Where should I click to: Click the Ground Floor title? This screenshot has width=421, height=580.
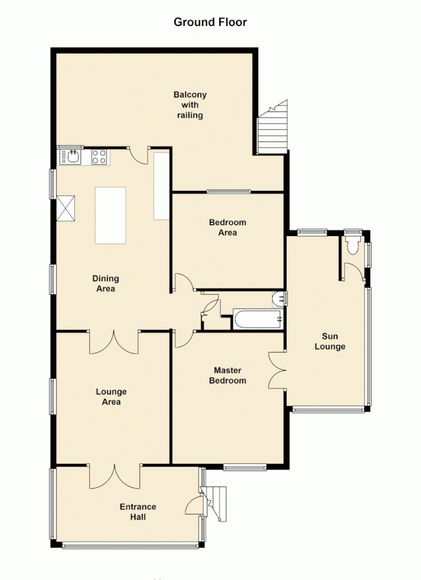[210, 23]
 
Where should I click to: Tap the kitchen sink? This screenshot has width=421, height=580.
[72, 157]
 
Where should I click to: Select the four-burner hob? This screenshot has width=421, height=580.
[99, 157]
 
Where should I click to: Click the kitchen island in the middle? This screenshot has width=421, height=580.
[110, 215]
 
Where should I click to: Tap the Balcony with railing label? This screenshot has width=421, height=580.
[190, 105]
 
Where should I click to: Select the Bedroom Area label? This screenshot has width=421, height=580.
[228, 227]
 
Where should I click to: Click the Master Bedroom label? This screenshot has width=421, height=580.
[228, 375]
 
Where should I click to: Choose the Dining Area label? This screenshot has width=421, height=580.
[104, 283]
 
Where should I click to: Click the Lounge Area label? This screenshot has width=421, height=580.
[111, 397]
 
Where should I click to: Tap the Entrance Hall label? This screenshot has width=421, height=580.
[138, 512]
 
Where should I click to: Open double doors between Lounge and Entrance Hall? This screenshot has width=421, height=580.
[114, 476]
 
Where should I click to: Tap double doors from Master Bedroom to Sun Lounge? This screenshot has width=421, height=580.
[276, 369]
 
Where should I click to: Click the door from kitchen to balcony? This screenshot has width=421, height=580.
[139, 154]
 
